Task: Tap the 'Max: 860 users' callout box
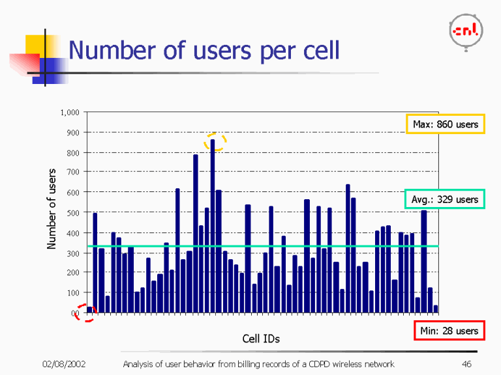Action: [445, 124]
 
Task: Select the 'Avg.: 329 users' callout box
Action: [445, 199]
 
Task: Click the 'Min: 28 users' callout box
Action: [449, 331]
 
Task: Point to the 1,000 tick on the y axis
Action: [70, 113]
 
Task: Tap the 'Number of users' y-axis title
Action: [51, 208]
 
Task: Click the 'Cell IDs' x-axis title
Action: [261, 339]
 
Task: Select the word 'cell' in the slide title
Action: [320, 50]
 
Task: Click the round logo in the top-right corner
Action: [466, 31]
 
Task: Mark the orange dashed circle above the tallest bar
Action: [215, 142]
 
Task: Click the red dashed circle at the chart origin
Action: [85, 313]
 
